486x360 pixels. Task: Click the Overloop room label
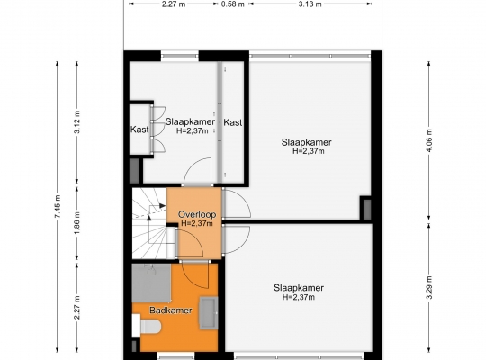click(197, 214)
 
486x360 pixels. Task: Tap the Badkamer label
click(171, 310)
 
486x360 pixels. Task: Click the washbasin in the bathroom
click(209, 312)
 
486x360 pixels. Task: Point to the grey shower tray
click(151, 283)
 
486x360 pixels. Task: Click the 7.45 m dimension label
click(58, 207)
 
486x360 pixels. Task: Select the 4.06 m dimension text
click(429, 140)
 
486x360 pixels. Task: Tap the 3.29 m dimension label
click(429, 287)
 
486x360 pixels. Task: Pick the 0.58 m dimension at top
click(233, 4)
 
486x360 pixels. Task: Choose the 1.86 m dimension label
click(77, 223)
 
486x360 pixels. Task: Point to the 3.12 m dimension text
click(77, 121)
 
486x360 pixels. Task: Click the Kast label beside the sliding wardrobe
click(233, 122)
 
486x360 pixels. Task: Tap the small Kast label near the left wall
click(139, 130)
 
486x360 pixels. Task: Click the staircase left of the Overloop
click(149, 223)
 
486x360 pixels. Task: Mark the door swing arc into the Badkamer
click(195, 275)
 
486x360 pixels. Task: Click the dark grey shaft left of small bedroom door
click(134, 170)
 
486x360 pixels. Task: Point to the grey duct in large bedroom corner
click(367, 210)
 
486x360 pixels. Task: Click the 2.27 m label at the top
click(174, 4)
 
